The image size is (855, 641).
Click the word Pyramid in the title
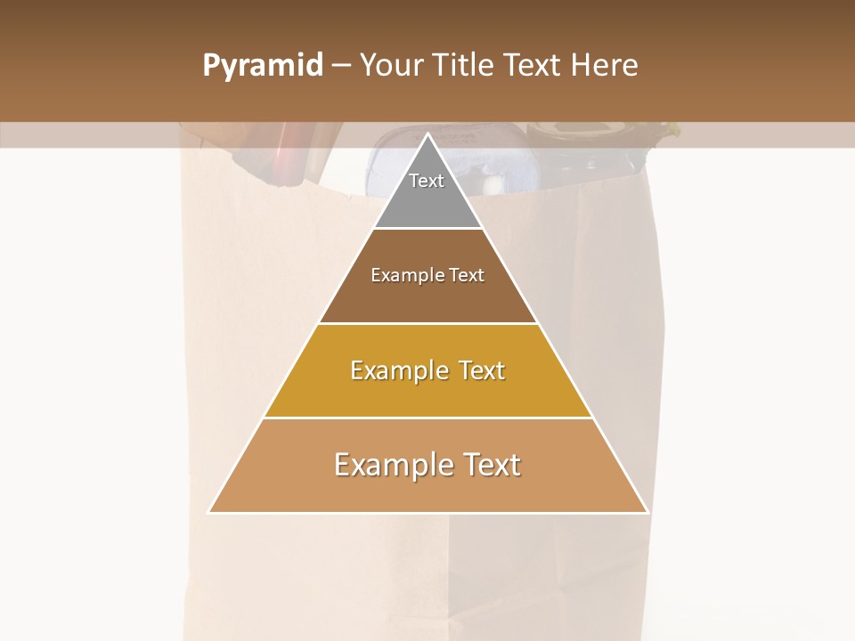pyautogui.click(x=262, y=66)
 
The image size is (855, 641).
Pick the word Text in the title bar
pyautogui.click(x=533, y=66)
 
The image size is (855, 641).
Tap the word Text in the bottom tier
pyautogui.click(x=488, y=465)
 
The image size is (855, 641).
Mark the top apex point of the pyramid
pyautogui.click(x=428, y=134)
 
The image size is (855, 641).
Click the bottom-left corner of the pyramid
pyautogui.click(x=209, y=512)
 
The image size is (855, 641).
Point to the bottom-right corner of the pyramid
pyautogui.click(x=647, y=512)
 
